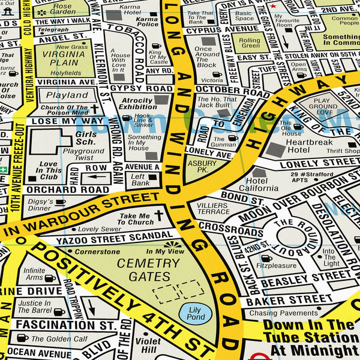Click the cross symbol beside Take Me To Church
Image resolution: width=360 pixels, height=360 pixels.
(158, 215)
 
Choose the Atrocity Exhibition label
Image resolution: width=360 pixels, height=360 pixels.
(137, 104)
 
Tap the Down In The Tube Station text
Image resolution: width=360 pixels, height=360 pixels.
(308, 325)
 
